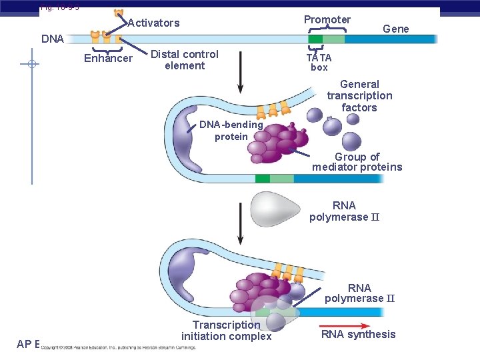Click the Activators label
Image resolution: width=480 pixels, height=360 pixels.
click(153, 23)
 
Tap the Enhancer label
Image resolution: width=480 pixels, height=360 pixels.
click(108, 59)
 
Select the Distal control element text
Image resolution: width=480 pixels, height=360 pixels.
click(185, 59)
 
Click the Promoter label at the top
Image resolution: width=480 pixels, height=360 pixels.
click(327, 19)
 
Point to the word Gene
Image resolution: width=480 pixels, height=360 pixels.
click(395, 28)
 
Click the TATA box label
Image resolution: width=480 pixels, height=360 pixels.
click(319, 62)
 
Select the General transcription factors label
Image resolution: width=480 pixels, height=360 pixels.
click(359, 95)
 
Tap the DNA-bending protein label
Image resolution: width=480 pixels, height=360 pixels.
click(231, 131)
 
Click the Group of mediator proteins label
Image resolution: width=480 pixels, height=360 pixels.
click(357, 162)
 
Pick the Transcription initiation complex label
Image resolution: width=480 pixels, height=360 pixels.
click(226, 330)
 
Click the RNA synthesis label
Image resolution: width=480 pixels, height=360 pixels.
click(358, 334)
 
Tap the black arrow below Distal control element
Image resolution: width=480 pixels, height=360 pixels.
click(240, 79)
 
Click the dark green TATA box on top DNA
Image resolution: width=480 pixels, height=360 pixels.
click(315, 39)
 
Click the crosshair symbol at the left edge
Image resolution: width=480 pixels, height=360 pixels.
click(31, 65)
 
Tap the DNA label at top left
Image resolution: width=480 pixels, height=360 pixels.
click(53, 39)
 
